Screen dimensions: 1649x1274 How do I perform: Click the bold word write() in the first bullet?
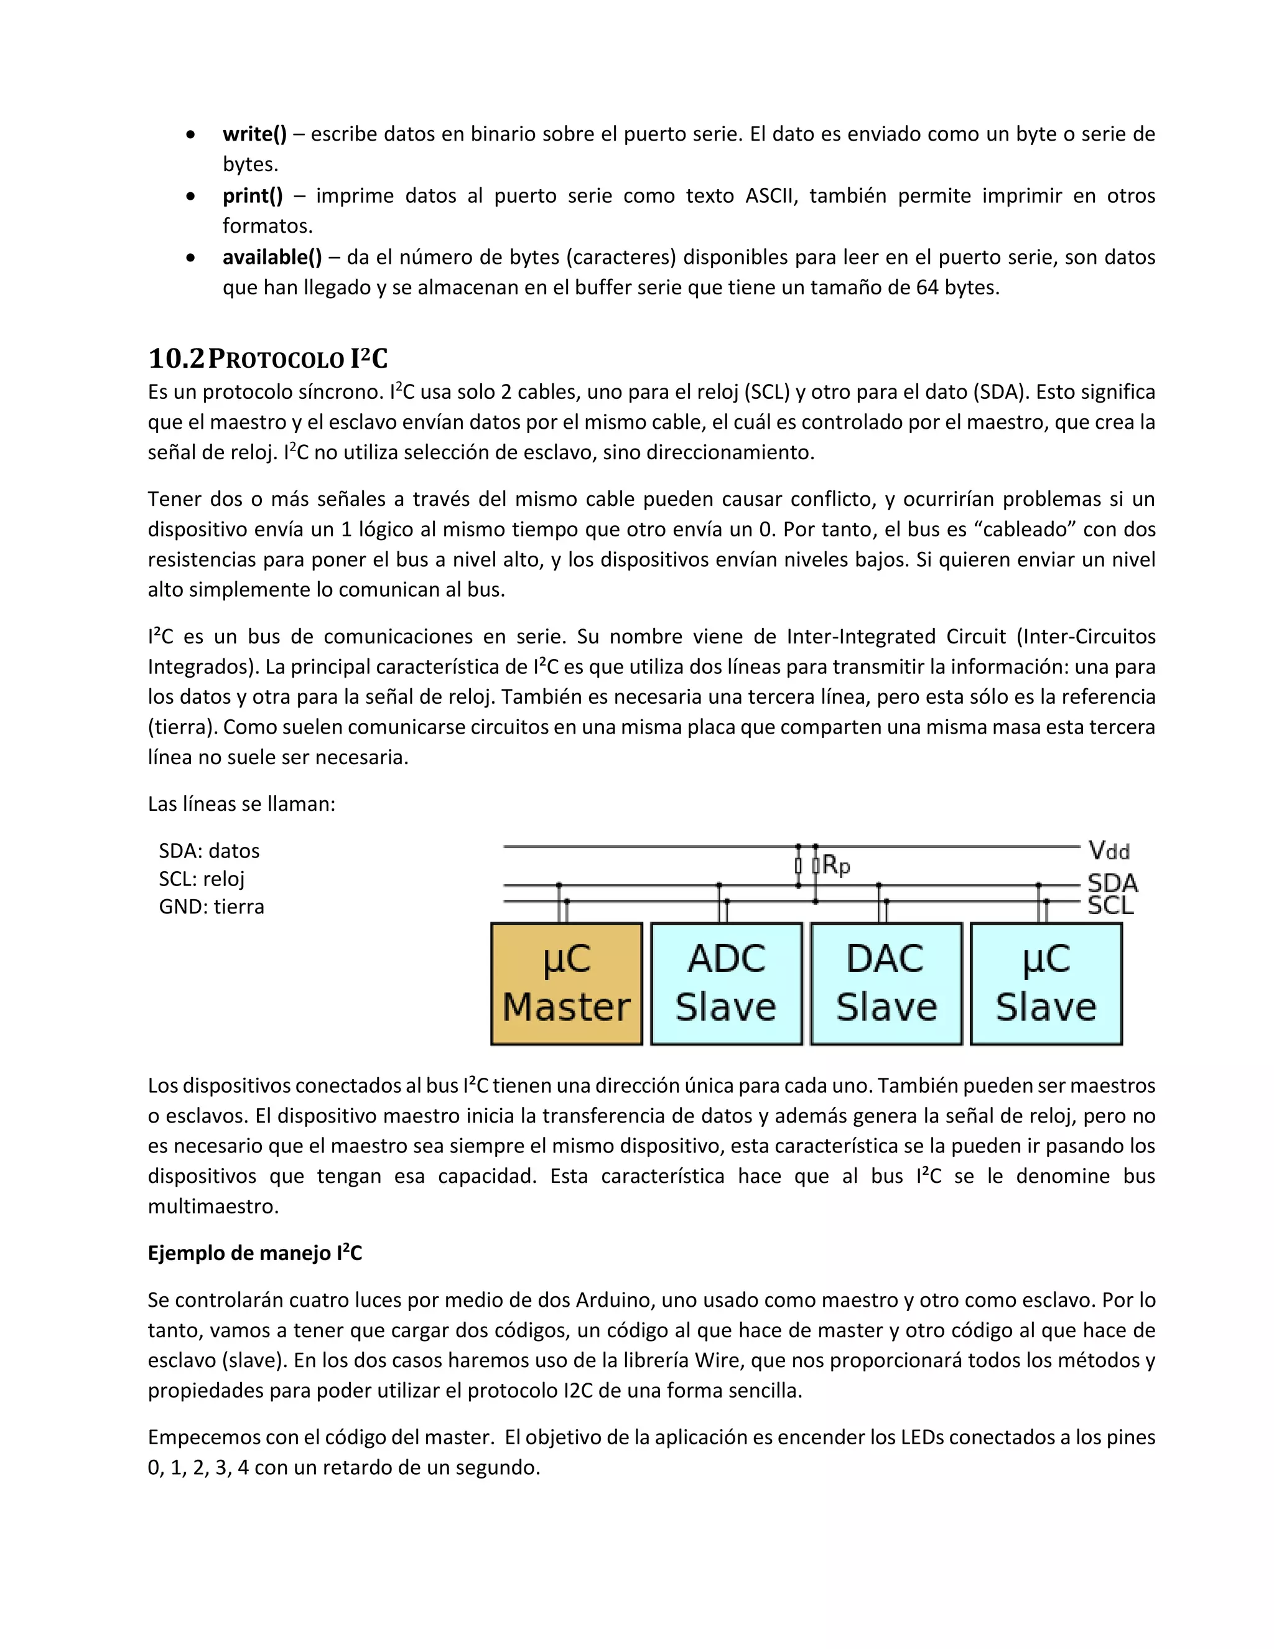(254, 134)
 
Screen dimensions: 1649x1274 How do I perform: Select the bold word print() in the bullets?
(252, 195)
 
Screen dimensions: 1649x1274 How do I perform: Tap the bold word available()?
(272, 258)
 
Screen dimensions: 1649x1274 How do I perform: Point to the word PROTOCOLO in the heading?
(276, 360)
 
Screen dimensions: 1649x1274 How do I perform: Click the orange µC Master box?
(566, 984)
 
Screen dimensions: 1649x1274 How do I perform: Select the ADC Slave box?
(726, 984)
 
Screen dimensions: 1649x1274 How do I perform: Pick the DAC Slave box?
(886, 984)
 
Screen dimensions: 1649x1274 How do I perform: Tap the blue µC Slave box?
(1046, 984)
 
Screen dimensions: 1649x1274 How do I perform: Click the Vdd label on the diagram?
(1109, 852)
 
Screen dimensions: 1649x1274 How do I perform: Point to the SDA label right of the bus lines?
(1112, 882)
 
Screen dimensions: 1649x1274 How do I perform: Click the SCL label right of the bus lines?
(1110, 905)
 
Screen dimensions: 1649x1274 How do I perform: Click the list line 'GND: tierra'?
(212, 907)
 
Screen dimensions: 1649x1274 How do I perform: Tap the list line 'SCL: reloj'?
(202, 879)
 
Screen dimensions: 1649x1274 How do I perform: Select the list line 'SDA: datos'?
(209, 851)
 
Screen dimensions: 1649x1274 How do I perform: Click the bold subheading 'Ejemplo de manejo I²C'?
(254, 1253)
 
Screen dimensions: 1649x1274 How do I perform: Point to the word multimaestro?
(213, 1207)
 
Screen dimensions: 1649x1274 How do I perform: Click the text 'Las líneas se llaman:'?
(241, 804)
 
